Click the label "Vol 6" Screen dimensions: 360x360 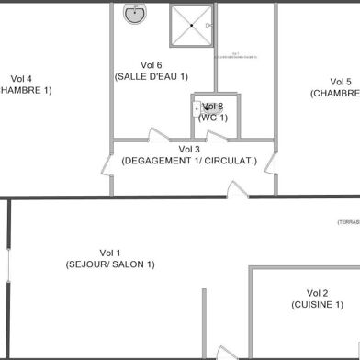pyautogui.click(x=152, y=64)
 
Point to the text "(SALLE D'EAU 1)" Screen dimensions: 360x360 pyautogui.click(x=152, y=76)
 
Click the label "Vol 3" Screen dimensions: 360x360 pyautogui.click(x=189, y=149)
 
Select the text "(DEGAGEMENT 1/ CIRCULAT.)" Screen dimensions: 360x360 pyautogui.click(x=189, y=161)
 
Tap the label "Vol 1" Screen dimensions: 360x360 pyautogui.click(x=110, y=253)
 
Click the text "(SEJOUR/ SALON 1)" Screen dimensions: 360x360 pyautogui.click(x=110, y=264)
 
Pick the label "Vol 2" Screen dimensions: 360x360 pyautogui.click(x=318, y=292)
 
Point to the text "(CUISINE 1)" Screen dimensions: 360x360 pyautogui.click(x=318, y=304)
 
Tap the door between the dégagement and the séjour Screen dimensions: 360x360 pyautogui.click(x=238, y=190)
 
